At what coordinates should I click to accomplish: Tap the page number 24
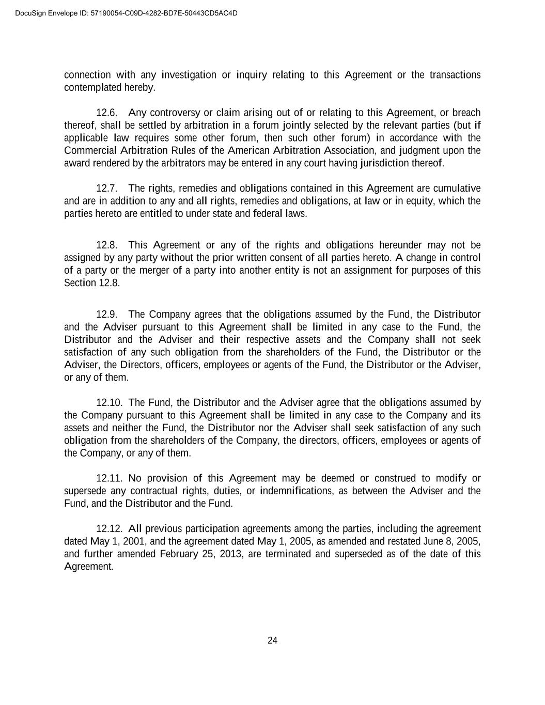click(272, 640)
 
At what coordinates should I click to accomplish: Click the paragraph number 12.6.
click(107, 113)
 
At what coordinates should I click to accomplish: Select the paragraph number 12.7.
click(107, 188)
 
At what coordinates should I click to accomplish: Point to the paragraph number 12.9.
click(107, 314)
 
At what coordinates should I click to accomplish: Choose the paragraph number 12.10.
click(109, 402)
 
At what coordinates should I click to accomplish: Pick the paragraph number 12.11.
click(109, 478)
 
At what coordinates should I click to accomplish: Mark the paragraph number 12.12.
click(109, 528)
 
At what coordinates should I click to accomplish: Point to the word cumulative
click(457, 188)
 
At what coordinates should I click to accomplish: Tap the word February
click(179, 554)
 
